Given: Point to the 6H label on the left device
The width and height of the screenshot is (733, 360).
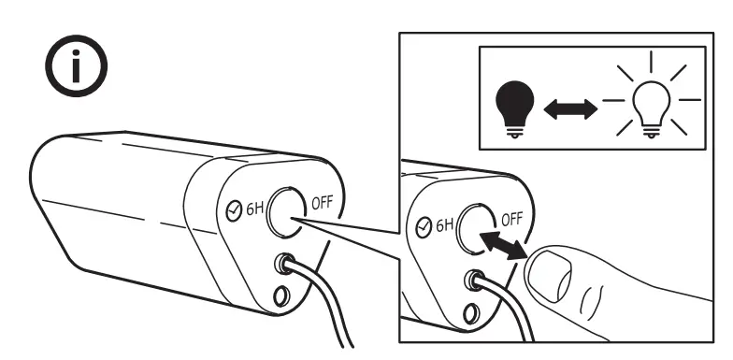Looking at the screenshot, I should pyautogui.click(x=254, y=209).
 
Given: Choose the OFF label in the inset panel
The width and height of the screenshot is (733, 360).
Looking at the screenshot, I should pyautogui.click(x=513, y=220).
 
